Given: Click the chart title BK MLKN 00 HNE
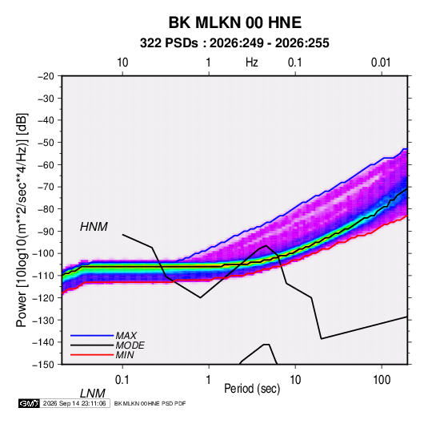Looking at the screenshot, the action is (x=234, y=22).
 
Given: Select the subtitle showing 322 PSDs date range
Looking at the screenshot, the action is (x=234, y=43).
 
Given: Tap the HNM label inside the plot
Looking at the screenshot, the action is (x=94, y=227).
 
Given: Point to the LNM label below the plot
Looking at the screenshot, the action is (x=93, y=394).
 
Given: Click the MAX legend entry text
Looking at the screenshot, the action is (x=126, y=336).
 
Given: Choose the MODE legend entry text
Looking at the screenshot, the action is (x=130, y=345).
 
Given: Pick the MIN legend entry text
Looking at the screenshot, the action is (x=125, y=355).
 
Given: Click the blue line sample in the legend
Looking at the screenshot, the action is (x=92, y=336).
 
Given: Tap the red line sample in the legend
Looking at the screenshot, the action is (x=92, y=355).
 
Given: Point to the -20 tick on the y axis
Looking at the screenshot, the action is (x=46, y=76).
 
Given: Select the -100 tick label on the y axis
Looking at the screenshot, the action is (x=43, y=253).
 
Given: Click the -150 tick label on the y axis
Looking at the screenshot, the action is (x=43, y=365).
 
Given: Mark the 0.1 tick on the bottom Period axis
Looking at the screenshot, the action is (x=122, y=380).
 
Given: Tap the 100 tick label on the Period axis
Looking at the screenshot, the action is (x=382, y=380).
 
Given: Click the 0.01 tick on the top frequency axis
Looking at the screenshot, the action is (x=381, y=63).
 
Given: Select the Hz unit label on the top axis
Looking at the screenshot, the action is (x=252, y=63).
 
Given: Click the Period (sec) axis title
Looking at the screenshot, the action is (x=252, y=389).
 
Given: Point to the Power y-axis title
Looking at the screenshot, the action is (x=22, y=220).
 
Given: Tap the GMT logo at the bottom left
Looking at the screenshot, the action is (x=30, y=403).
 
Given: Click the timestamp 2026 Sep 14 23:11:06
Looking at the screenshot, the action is (x=74, y=403).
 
